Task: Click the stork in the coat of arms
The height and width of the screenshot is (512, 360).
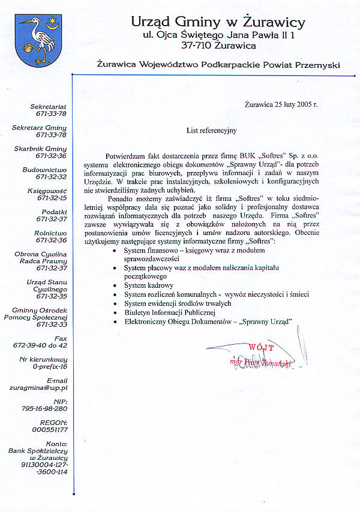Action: coord(37,41)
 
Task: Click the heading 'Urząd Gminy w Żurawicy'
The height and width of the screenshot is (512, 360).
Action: coord(218,22)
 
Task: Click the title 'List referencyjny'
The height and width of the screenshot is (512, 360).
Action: coord(212,129)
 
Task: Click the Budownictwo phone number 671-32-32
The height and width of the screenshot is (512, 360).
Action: coord(50,177)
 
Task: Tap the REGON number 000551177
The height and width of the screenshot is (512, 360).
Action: coord(50,430)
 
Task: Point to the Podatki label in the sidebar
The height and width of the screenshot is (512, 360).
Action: coord(55,212)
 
